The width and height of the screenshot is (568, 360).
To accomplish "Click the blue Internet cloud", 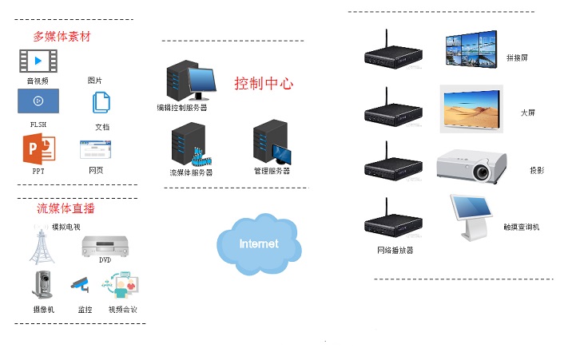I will (258, 242).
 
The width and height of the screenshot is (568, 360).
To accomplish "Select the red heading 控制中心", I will (264, 84).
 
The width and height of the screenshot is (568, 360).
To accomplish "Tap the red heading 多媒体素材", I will (62, 37).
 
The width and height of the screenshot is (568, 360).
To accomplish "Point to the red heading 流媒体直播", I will (66, 208).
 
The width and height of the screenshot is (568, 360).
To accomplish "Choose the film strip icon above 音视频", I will (38, 61).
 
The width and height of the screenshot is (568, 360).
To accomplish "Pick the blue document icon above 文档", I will (101, 103).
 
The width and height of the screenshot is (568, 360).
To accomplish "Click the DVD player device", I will (105, 247).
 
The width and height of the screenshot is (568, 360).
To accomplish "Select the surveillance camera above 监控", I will (79, 283).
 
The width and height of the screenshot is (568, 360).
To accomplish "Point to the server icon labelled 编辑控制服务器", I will (190, 81).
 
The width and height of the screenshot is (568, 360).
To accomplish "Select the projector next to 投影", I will (472, 167).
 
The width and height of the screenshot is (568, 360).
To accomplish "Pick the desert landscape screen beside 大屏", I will (471, 107).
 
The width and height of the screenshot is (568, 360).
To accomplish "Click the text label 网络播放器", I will (395, 250).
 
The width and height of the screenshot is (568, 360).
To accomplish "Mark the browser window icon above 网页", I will (95, 151).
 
